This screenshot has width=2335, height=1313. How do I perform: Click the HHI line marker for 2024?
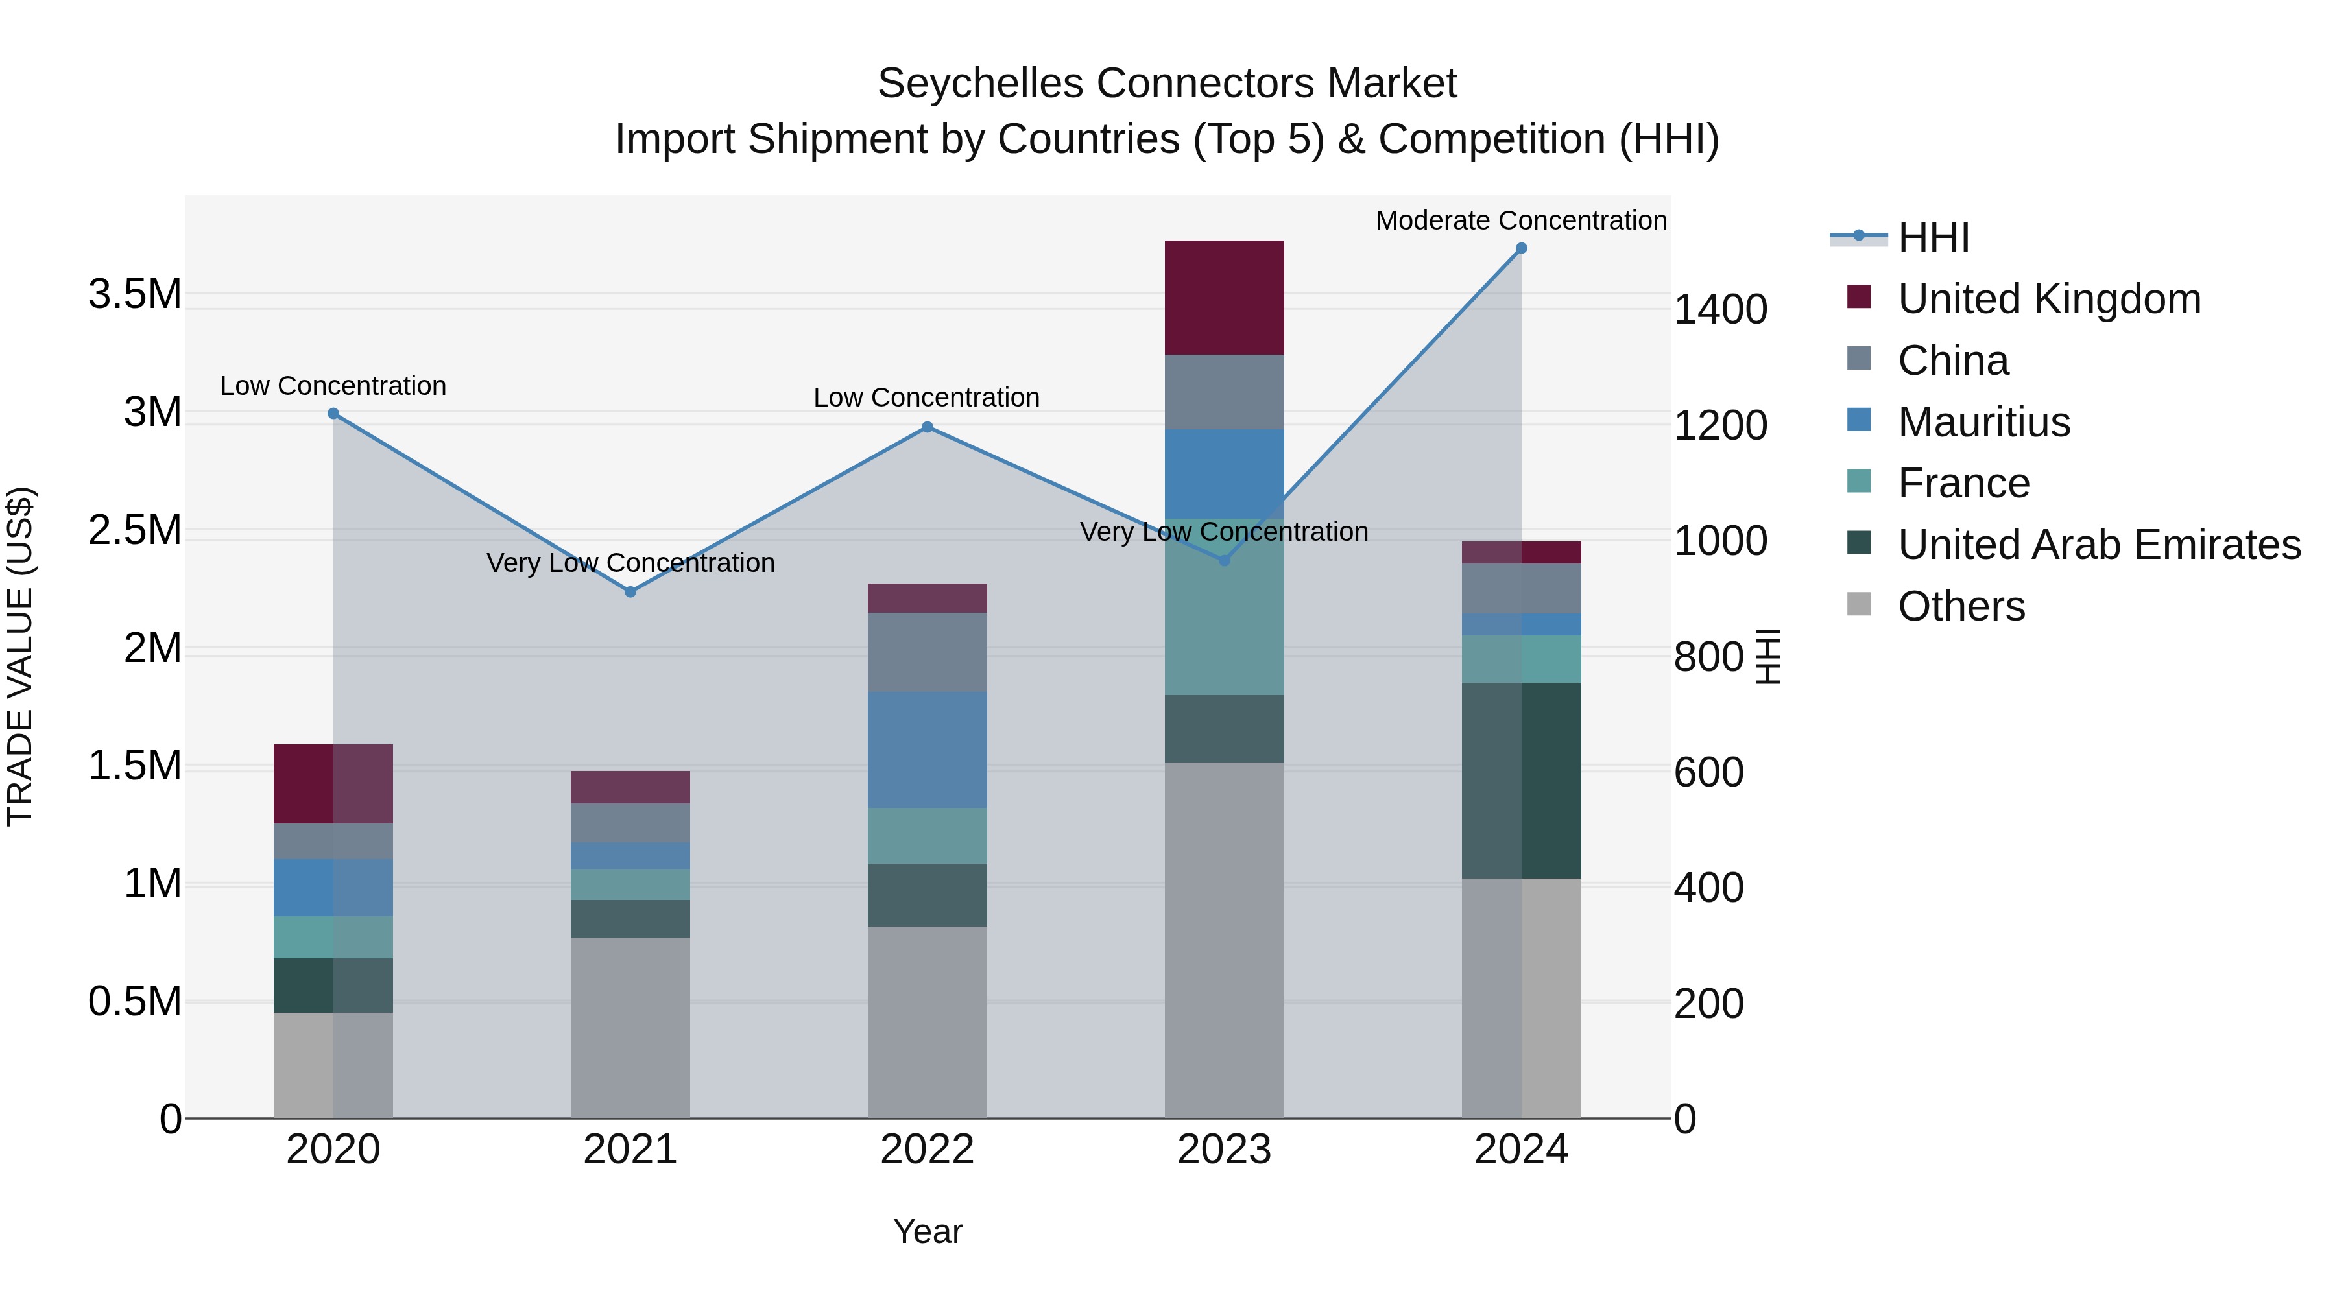pos(1521,248)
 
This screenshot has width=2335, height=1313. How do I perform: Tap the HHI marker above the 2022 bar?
pos(928,427)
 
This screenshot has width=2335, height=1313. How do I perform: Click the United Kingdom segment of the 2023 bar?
pos(1224,297)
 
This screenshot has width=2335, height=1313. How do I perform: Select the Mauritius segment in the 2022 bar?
pos(928,750)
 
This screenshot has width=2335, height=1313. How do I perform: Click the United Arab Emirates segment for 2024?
pos(1521,780)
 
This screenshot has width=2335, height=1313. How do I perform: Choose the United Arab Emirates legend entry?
pos(2098,545)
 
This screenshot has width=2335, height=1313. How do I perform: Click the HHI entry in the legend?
pos(1933,237)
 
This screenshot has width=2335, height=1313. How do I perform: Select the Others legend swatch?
pos(1858,604)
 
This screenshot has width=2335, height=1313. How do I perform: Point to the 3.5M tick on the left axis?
pos(134,294)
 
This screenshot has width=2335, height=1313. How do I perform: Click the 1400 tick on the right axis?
pos(1719,310)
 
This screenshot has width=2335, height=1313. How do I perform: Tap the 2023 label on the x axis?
pos(1224,1150)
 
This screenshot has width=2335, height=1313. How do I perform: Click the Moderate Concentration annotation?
pos(1520,220)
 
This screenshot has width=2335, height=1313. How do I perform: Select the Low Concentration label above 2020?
pos(333,386)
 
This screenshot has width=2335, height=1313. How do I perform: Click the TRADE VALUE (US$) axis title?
pos(20,656)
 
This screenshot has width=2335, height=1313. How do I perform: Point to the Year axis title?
pos(928,1231)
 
